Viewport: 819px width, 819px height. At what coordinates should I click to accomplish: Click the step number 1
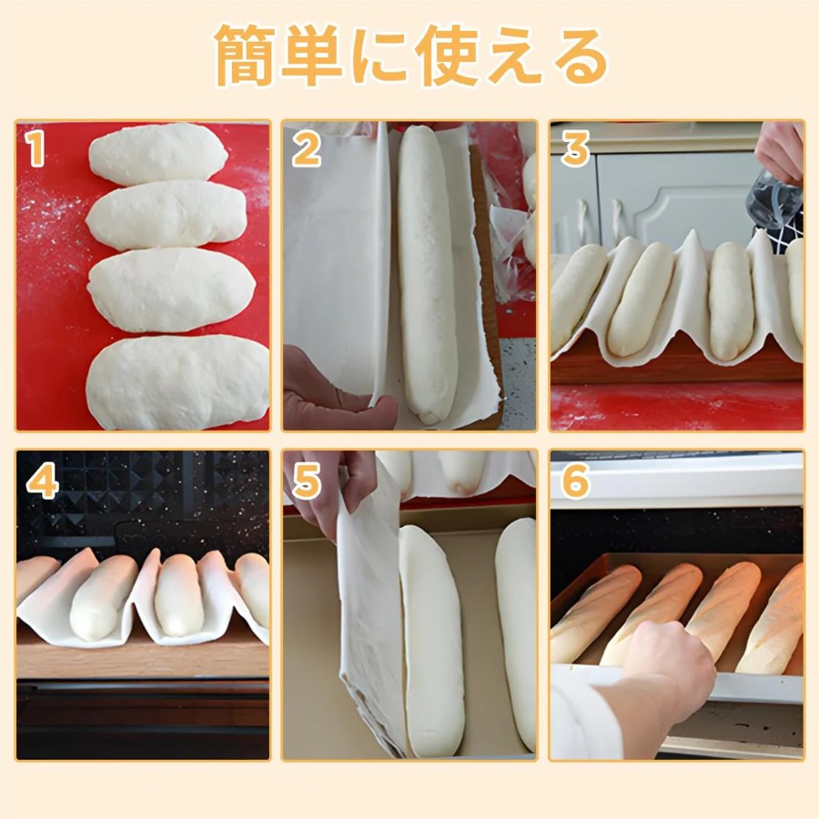[36, 149]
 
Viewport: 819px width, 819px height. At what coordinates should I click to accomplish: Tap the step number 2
[306, 149]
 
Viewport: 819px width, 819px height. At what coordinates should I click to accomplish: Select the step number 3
[576, 149]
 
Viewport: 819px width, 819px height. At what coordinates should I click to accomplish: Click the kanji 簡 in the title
[245, 55]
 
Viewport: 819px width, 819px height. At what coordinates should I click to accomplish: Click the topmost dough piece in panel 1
[157, 154]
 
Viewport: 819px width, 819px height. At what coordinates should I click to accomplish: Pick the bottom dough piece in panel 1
[177, 381]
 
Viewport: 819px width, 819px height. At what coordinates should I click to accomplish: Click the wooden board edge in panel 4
[143, 659]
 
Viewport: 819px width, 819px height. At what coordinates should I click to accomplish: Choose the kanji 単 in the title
[312, 55]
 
